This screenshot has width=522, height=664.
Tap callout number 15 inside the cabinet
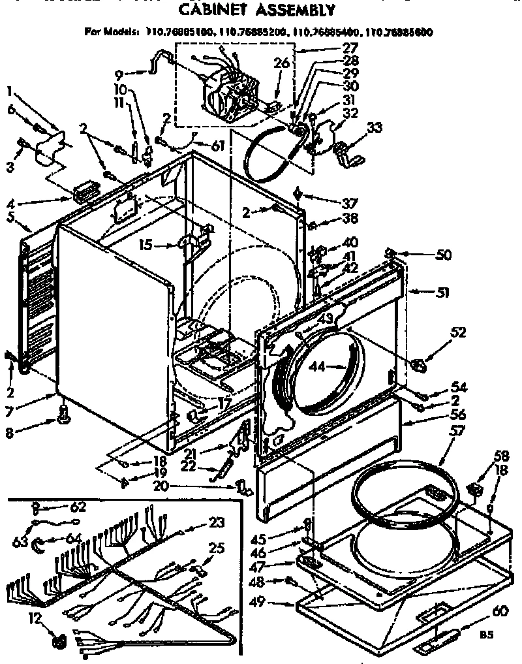tap(146, 245)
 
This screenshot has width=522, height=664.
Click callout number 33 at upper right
tap(375, 129)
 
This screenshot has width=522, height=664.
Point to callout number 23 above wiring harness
tap(216, 522)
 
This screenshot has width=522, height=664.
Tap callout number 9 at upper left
tap(117, 74)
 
